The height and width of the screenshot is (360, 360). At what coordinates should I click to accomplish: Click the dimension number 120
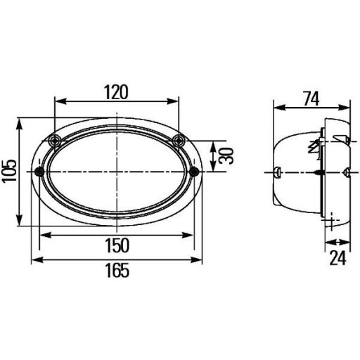[116, 91]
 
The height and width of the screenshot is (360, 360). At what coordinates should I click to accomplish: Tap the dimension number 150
[116, 245]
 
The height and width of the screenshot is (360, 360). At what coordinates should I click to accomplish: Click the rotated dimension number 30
[226, 155]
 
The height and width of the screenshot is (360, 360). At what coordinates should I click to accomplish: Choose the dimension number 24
[338, 259]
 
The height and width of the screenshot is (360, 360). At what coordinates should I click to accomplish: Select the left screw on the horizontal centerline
[40, 172]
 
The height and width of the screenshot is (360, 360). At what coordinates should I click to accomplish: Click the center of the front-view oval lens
[116, 172]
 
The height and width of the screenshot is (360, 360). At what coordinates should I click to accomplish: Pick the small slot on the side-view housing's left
[279, 172]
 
